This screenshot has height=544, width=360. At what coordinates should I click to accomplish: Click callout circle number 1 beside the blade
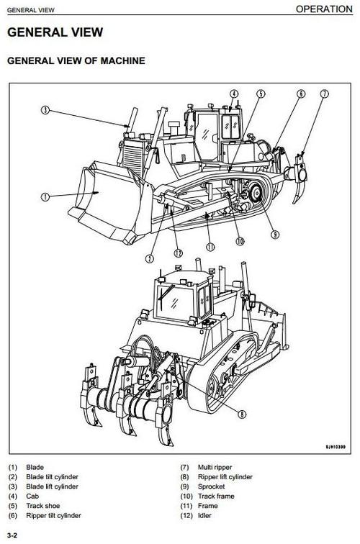coord(45,196)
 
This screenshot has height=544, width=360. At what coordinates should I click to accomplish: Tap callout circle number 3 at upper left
coord(45,110)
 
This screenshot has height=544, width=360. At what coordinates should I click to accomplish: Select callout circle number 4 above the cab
coord(234,94)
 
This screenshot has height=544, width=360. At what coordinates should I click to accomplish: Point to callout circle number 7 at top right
coord(324,94)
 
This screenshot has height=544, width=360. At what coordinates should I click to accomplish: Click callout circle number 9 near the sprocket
coord(274,233)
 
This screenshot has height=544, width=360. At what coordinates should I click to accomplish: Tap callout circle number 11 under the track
coord(210,247)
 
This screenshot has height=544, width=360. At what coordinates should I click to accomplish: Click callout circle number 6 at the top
coord(301,94)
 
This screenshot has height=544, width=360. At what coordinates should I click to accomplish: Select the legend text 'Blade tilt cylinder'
coord(52,477)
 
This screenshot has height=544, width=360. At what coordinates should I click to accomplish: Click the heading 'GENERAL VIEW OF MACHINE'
coord(76,61)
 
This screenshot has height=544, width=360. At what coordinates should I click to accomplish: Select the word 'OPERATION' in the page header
coord(325,9)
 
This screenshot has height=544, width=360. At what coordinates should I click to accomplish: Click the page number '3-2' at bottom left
coord(12,536)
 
